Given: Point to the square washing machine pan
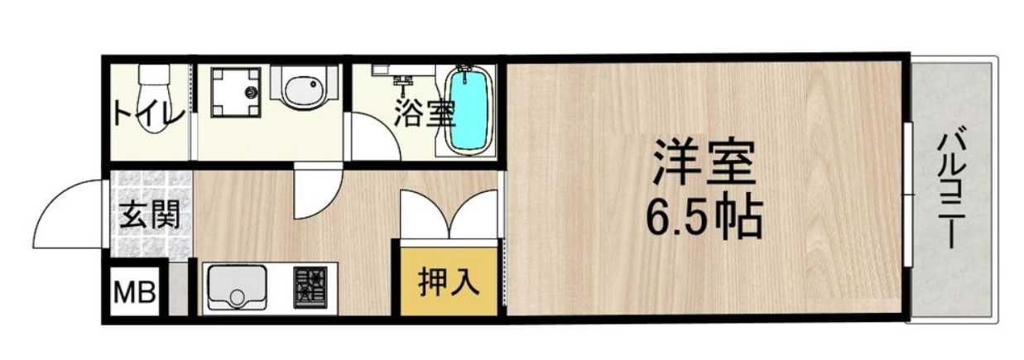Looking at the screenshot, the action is (x=236, y=93).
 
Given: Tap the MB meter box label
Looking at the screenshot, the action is (x=135, y=292).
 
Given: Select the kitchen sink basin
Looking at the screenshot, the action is (x=237, y=288).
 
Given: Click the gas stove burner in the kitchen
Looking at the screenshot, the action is (x=310, y=287).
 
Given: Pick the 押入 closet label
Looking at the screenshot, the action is (x=449, y=282).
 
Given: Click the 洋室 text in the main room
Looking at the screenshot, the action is (x=704, y=161).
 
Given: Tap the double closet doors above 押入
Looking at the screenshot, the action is (x=449, y=214).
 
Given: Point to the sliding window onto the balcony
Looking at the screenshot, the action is (x=908, y=194).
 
